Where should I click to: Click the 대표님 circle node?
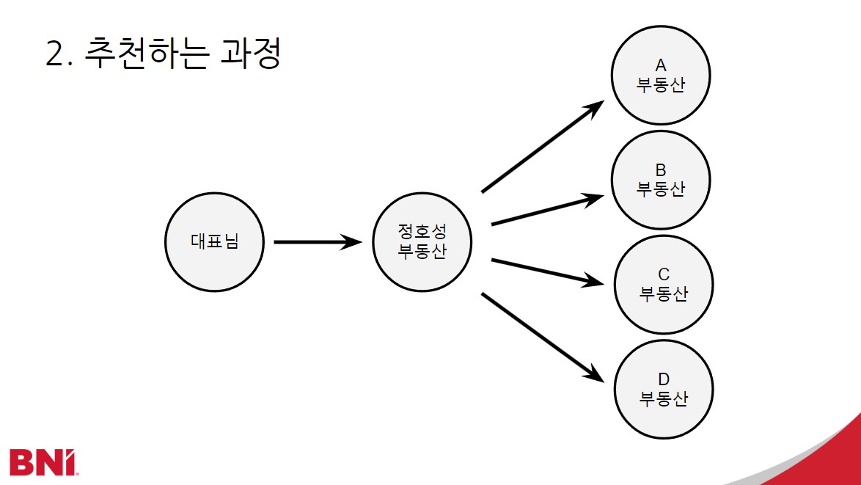214,241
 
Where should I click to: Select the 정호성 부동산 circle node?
422,241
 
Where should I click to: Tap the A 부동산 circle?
661,76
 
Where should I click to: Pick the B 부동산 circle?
661,180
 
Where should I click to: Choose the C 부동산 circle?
664,285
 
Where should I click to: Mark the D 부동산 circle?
664,389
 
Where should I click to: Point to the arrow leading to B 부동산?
546,210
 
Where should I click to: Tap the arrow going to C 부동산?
546,271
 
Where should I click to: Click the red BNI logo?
43,461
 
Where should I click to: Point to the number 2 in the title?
56,55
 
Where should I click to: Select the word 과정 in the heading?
250,54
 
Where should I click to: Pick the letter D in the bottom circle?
664,379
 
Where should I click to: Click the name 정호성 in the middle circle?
422,232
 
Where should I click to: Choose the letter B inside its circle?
661,171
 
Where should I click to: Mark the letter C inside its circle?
664,275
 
